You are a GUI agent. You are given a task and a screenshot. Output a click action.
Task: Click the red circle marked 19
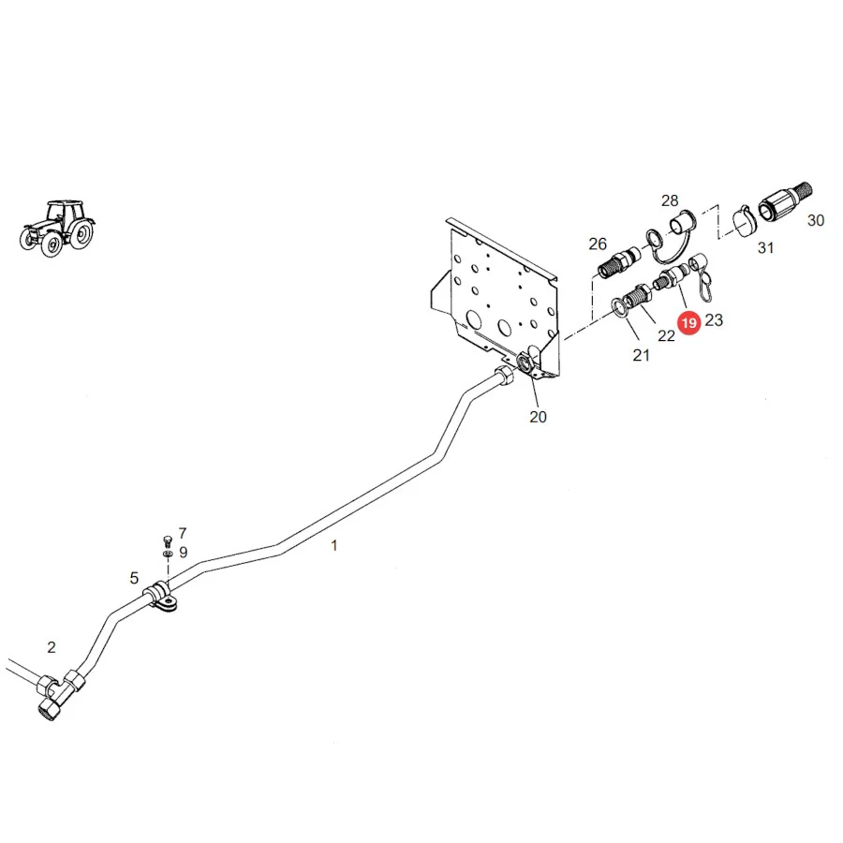click(x=689, y=322)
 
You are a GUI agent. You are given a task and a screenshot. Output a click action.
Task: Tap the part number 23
click(x=714, y=320)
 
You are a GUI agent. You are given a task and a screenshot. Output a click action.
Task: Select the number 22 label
click(x=666, y=336)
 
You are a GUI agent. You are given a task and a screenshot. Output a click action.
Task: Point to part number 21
click(x=641, y=355)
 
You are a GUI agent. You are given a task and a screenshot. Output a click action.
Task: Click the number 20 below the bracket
click(x=538, y=417)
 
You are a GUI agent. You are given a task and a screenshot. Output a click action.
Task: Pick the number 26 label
click(x=598, y=244)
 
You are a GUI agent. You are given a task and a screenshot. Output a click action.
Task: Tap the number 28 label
click(x=670, y=200)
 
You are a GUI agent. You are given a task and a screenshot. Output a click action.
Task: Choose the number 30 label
click(x=816, y=220)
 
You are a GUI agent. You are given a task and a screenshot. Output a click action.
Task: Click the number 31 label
click(x=765, y=248)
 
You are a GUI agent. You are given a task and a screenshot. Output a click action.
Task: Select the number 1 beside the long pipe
click(x=334, y=546)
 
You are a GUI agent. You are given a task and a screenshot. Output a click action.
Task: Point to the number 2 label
click(x=52, y=647)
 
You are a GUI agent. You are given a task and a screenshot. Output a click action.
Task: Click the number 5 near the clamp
click(x=134, y=578)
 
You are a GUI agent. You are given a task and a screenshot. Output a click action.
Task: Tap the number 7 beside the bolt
click(x=183, y=533)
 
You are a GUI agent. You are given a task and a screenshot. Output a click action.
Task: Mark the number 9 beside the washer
click(x=184, y=552)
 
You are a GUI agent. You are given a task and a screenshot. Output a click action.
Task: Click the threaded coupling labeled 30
click(x=785, y=201)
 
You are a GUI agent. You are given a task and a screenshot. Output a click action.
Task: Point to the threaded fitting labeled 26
click(x=619, y=262)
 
